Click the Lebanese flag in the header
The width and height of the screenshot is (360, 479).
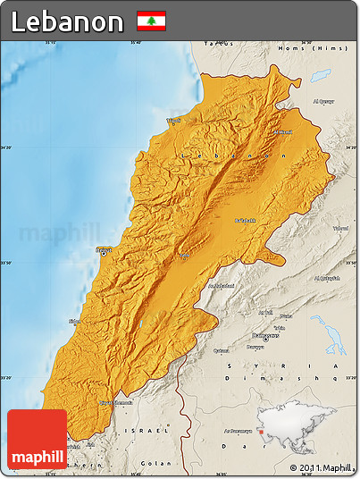[151, 21]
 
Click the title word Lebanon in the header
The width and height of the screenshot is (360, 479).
[68, 21]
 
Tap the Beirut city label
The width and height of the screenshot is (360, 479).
[104, 249]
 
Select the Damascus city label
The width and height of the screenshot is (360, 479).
[258, 337]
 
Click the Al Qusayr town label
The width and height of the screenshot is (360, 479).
[322, 101]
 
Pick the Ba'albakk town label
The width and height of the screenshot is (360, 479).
[244, 220]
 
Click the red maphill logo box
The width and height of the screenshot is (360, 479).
[37, 440]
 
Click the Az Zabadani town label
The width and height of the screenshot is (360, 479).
[222, 286]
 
